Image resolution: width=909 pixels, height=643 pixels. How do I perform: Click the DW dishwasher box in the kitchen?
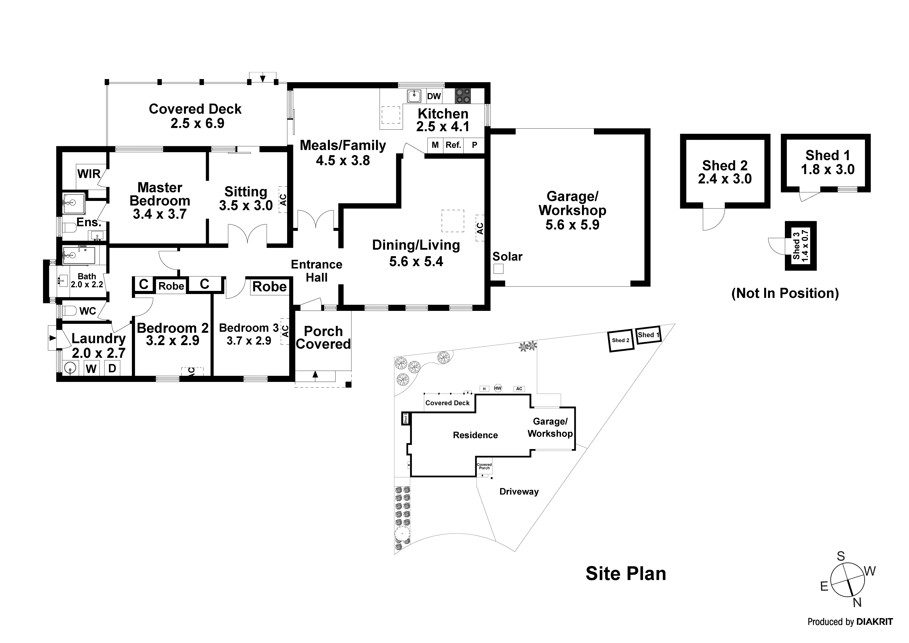point(434,96)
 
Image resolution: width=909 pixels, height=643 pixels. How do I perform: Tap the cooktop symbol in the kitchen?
point(463,96)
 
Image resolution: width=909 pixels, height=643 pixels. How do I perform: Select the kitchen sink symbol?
point(414,96)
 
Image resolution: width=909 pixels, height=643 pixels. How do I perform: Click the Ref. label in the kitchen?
point(453,145)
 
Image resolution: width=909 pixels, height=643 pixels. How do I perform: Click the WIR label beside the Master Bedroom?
point(89,173)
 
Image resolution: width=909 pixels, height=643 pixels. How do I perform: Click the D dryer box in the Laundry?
point(112,368)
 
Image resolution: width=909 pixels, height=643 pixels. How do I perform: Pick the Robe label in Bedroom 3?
point(269,286)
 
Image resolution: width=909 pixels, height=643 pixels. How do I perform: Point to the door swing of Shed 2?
point(713,220)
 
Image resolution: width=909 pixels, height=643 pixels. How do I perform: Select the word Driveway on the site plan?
point(519,492)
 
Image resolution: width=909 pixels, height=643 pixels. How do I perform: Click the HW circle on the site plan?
point(498,388)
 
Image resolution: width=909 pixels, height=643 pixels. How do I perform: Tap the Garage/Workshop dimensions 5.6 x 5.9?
point(572,225)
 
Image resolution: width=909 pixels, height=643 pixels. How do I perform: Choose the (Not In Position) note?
point(785,293)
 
